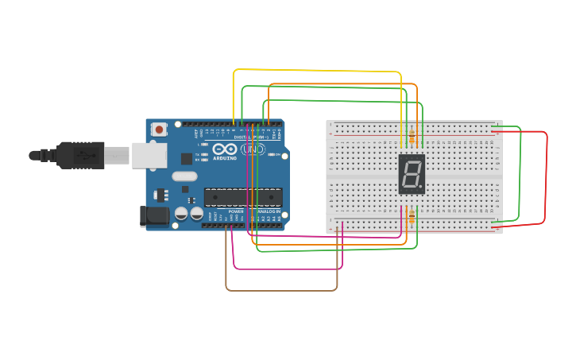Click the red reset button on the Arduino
point(160,129)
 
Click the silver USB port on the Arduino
point(146,156)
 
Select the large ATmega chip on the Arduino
point(243,197)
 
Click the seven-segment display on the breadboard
point(412,174)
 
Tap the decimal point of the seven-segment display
point(422,188)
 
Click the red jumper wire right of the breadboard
point(547,179)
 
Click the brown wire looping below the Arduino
point(282,290)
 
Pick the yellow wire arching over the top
point(318,71)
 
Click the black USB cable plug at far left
point(68,155)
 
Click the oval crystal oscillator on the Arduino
point(184,176)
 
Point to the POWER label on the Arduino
point(236,211)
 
